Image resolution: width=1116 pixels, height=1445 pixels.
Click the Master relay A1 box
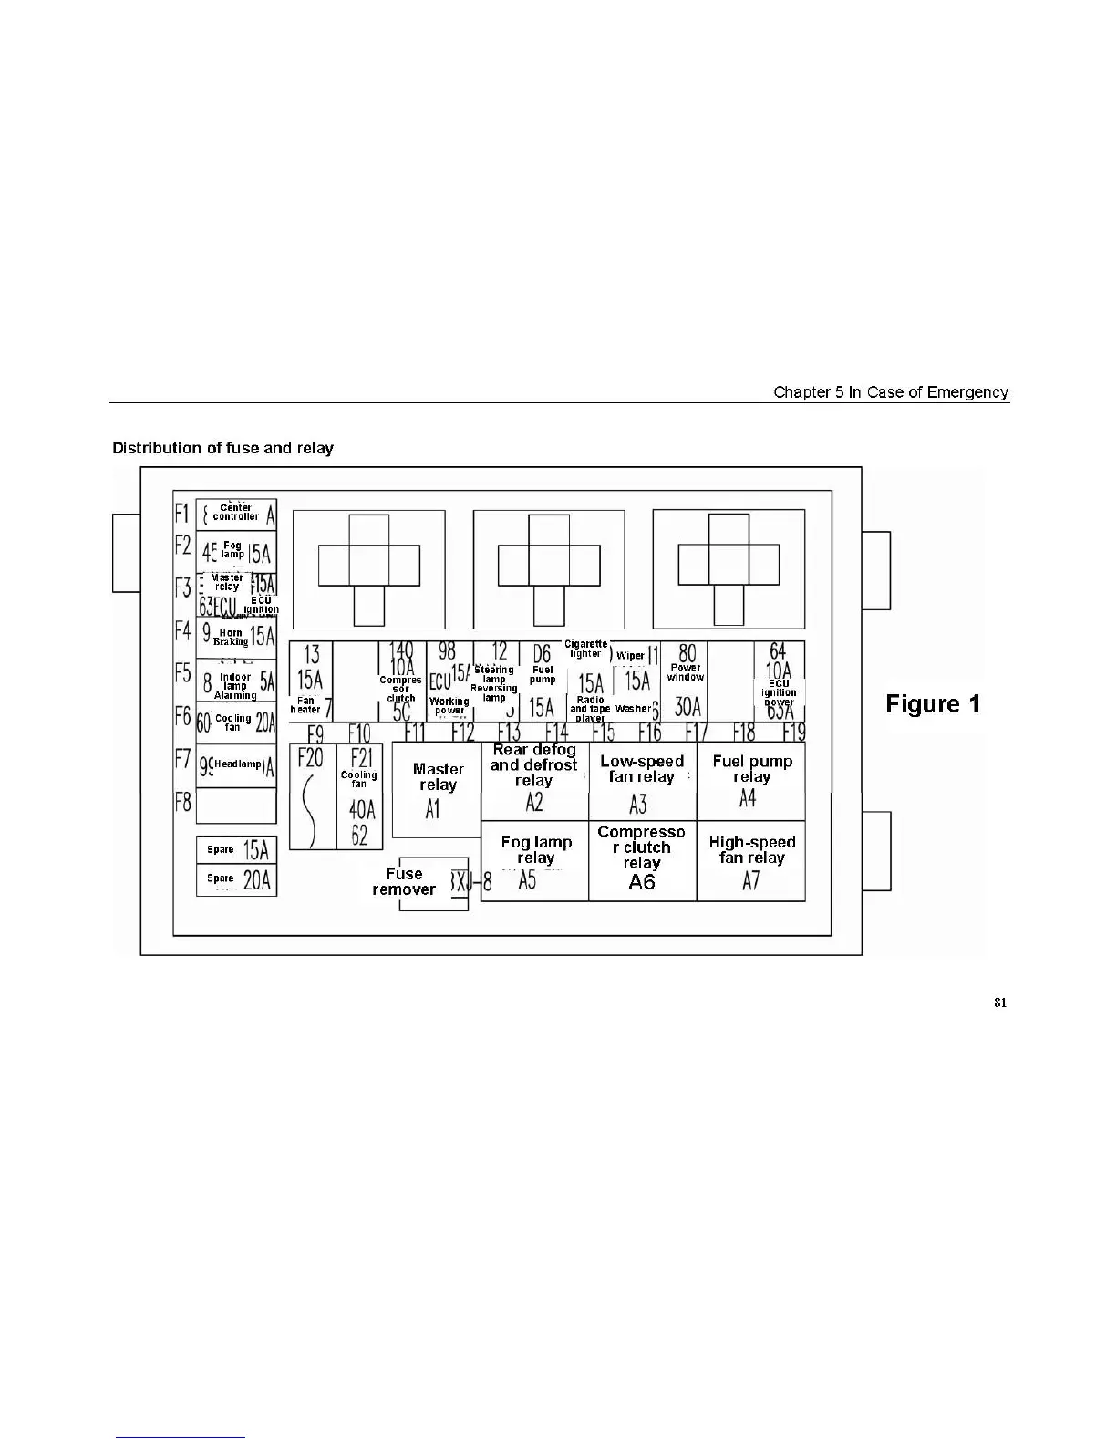(x=436, y=789)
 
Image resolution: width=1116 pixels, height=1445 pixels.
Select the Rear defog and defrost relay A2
(x=534, y=780)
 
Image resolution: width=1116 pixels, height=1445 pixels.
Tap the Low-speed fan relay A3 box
(x=642, y=780)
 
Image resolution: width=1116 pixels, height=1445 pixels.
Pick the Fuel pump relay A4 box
(x=751, y=780)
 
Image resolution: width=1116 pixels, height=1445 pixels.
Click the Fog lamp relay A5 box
(x=534, y=861)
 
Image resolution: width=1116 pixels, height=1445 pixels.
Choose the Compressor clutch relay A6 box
(x=642, y=861)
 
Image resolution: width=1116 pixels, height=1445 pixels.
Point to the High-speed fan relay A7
(x=751, y=861)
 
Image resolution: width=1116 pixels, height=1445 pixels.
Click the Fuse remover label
(x=404, y=881)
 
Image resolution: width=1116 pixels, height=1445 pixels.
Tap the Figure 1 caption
(x=933, y=704)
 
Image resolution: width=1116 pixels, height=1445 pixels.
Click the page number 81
(x=1000, y=1003)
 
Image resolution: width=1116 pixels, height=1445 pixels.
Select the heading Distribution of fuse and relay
(x=222, y=448)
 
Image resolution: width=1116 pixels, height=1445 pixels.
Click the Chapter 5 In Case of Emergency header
(x=890, y=392)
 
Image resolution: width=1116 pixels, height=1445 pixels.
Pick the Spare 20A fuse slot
(x=236, y=879)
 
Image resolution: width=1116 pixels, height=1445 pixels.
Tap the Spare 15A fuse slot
(x=236, y=850)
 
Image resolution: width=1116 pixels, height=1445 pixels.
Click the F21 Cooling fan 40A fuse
(x=359, y=796)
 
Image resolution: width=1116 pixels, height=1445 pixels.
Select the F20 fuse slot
(x=312, y=796)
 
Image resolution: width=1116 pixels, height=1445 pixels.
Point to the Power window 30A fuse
(x=686, y=681)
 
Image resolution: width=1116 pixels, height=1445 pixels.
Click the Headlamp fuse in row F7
(x=236, y=764)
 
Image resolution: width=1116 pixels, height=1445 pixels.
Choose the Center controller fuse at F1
(x=236, y=514)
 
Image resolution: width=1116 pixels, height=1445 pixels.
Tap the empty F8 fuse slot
(x=236, y=806)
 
